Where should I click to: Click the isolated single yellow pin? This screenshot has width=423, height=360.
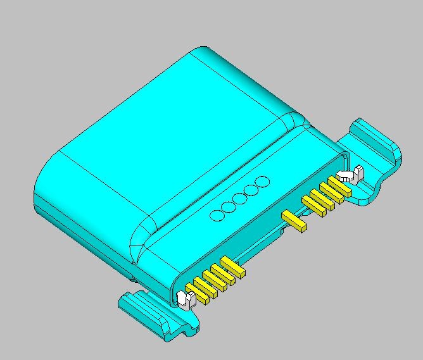(294, 220)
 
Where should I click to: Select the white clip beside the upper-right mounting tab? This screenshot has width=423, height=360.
(349, 174)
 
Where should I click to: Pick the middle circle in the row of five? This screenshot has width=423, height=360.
(240, 199)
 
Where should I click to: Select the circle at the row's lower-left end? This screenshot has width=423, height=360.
(217, 214)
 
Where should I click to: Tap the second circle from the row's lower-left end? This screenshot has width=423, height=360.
(229, 206)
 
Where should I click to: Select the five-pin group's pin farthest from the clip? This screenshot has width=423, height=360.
(232, 267)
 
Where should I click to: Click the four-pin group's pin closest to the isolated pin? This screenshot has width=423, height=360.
(313, 206)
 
